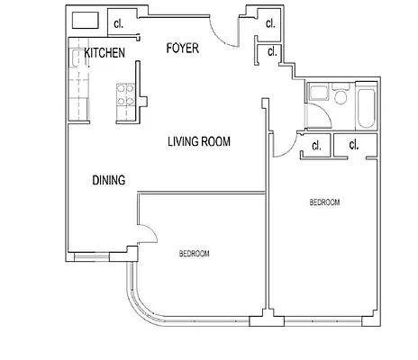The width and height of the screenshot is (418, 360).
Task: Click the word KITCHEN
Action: pos(104,54)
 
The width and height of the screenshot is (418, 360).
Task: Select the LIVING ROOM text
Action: pos(200,141)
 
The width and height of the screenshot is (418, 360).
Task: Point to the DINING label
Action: pos(109,180)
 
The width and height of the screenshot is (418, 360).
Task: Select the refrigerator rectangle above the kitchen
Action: pos(86,21)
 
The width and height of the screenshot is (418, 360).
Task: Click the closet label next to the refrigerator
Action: pos(119,22)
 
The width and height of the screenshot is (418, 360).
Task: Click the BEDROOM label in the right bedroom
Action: pos(324,203)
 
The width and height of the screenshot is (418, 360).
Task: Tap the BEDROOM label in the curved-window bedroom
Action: pos(194,255)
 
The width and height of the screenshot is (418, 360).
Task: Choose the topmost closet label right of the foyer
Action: pos(269,22)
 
